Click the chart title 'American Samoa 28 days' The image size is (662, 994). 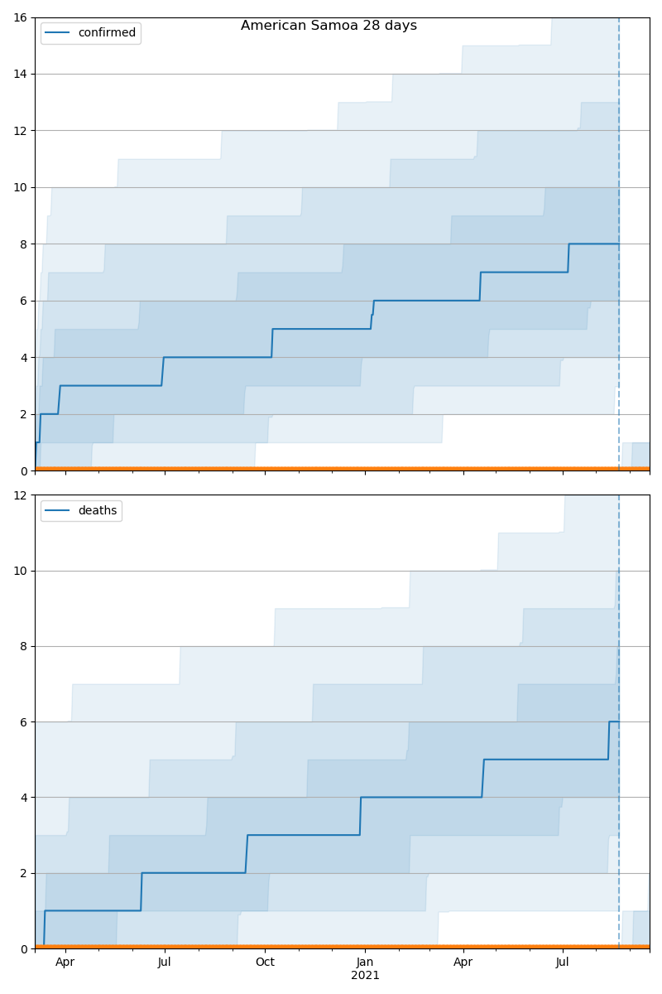329,26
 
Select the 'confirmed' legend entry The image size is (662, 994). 106,33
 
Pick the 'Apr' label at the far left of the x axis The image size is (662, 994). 65,962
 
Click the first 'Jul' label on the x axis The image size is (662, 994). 164,962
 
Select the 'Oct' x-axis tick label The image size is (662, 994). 265,962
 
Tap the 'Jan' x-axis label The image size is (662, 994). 365,962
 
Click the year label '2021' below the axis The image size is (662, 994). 365,976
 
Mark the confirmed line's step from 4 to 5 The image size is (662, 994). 272,343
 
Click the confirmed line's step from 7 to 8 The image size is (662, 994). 568,258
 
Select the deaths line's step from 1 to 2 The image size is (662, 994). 142,891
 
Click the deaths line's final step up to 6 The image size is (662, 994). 609,741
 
